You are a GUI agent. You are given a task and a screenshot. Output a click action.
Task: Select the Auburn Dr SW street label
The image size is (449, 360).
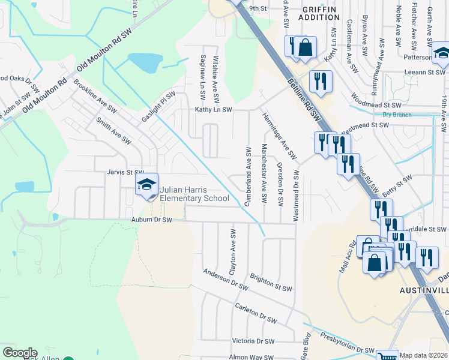point(151,220)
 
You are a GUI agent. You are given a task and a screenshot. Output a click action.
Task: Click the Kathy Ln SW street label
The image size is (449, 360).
point(213,110)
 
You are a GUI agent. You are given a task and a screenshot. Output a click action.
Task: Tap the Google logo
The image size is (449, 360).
point(20,353)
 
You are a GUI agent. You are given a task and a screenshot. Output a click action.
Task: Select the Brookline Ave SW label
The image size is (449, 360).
point(94,95)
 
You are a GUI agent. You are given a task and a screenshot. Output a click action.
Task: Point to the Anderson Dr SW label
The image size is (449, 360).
point(226,279)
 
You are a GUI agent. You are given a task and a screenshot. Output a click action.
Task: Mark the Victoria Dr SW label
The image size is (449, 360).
point(253,341)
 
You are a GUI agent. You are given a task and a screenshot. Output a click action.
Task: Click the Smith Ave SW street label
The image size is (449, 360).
point(113,130)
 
